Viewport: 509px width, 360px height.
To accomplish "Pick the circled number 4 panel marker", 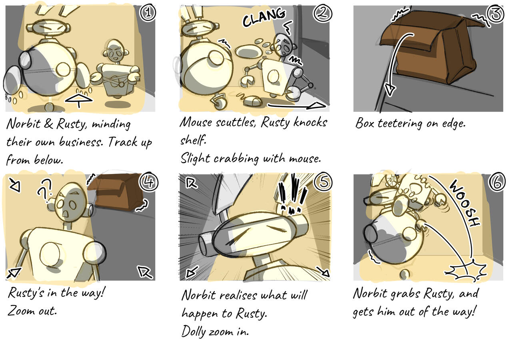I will (x=148, y=182).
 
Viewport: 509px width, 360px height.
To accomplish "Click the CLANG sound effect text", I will (x=264, y=18).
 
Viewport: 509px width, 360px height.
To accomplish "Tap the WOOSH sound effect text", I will (x=464, y=203).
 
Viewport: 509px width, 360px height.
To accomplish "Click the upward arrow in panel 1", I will (x=79, y=100).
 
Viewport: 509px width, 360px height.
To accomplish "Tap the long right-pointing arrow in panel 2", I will (x=296, y=106).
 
